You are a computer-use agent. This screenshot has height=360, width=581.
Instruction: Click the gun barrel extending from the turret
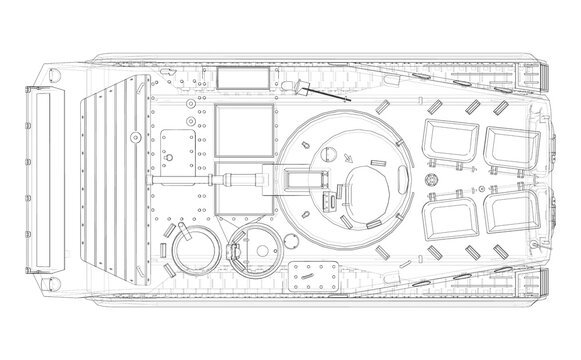[200, 181]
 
